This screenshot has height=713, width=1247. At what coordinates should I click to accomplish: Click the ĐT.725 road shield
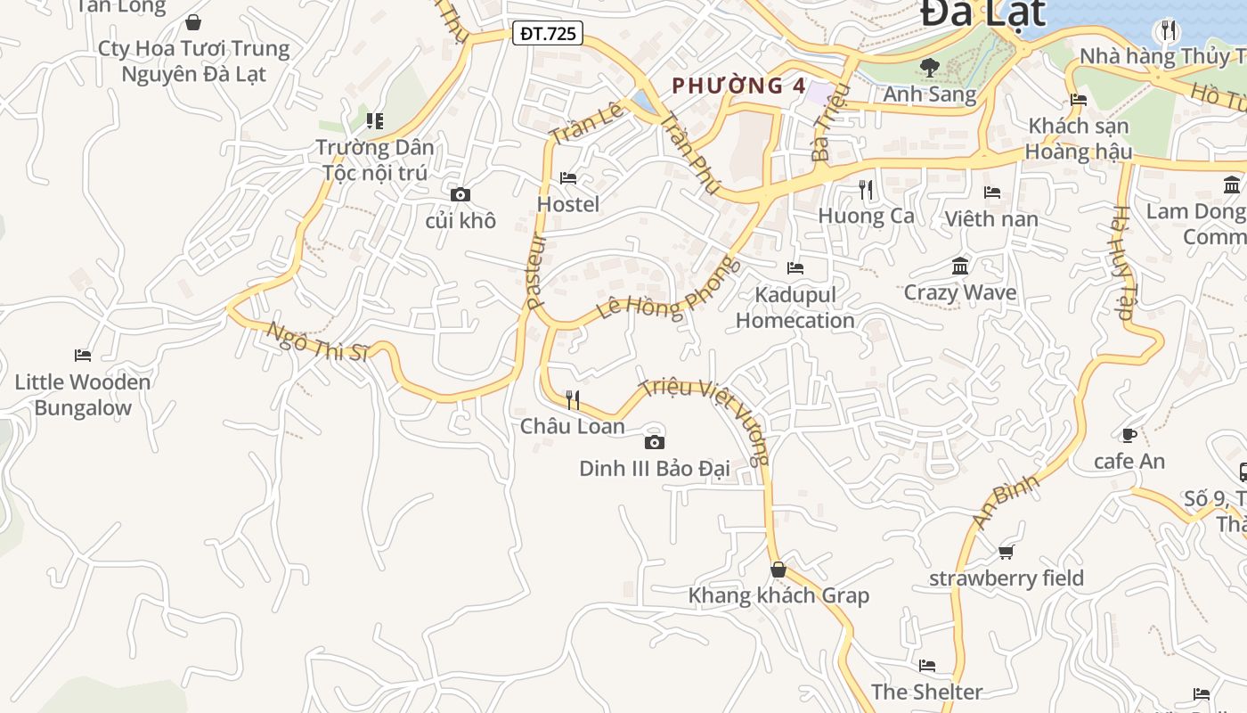coord(549,34)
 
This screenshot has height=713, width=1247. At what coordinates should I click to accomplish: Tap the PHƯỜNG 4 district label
coord(738,86)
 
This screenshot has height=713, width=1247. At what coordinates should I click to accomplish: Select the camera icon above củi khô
coord(460,194)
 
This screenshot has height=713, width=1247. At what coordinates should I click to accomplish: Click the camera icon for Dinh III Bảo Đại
coord(655,442)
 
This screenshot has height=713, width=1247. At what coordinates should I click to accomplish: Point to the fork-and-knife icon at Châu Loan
coord(573,399)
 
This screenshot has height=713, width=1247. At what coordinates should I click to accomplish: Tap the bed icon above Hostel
coord(568,178)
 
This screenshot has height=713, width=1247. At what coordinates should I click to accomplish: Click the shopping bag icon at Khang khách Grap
coord(778,570)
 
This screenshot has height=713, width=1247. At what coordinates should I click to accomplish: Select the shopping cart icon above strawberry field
coord(1007,553)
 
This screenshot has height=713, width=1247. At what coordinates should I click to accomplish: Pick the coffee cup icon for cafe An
coord(1129,435)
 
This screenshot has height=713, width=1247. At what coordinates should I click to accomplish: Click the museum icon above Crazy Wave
coord(960,266)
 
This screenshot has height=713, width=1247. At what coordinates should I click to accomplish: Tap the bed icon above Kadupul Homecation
coord(795,267)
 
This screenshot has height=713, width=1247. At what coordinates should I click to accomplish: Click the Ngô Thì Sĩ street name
coord(317,342)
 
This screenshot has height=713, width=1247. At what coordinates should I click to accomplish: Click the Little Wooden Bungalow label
coord(83,395)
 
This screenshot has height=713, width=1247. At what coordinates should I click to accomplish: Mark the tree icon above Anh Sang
coord(930,66)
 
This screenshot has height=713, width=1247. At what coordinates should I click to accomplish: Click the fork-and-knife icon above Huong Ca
coord(866,189)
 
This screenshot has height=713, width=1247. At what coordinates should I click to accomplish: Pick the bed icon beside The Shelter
coord(927,666)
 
